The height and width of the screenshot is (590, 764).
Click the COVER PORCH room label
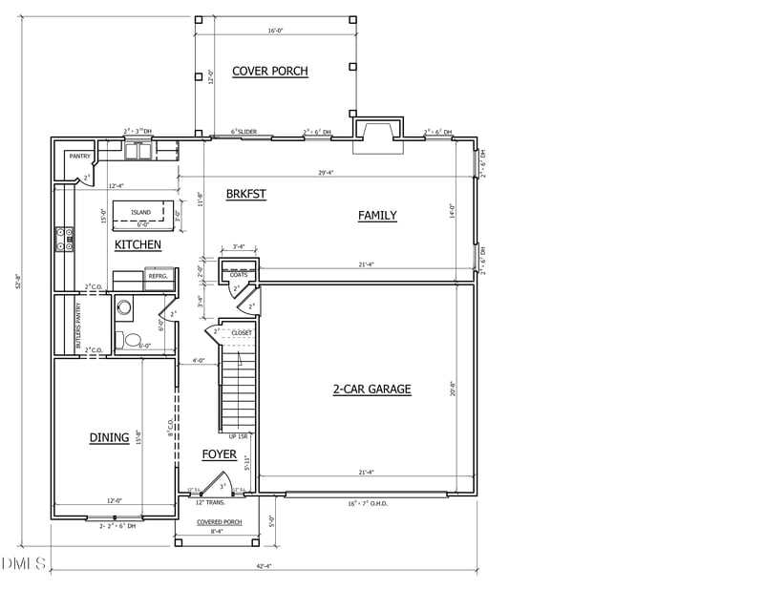[x=270, y=72]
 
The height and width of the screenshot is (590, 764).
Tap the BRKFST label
[x=245, y=194]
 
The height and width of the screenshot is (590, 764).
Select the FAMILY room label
[x=377, y=216]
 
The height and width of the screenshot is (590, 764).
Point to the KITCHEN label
[x=138, y=245]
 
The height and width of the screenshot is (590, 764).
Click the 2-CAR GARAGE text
[x=371, y=389]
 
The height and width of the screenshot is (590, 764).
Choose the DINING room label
[x=109, y=438]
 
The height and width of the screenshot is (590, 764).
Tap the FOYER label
[x=219, y=454]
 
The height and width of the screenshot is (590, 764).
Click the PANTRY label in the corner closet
[x=78, y=157]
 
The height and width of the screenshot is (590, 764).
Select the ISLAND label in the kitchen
[x=140, y=213]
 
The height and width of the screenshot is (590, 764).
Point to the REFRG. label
[x=158, y=276]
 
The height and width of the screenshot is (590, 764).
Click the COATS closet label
[x=239, y=275]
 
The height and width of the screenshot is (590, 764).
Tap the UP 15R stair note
[x=238, y=436]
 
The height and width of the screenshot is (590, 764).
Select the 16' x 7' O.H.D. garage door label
[x=366, y=503]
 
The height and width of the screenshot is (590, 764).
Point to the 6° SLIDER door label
[x=245, y=132]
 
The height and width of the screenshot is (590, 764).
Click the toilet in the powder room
[x=133, y=340]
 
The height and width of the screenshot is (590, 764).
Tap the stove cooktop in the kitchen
[x=65, y=238]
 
